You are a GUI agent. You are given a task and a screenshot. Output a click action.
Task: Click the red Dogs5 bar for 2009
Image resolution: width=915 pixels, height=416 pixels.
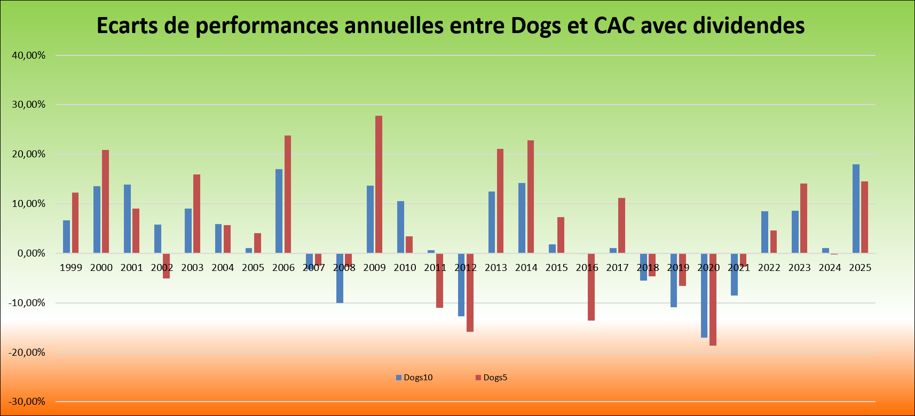pyautogui.click(x=378, y=185)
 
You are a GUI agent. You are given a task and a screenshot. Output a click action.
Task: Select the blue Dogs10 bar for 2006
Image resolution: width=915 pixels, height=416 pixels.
pyautogui.click(x=279, y=211)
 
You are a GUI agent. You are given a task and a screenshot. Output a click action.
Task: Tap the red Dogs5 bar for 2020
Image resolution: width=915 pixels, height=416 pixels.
pyautogui.click(x=713, y=299)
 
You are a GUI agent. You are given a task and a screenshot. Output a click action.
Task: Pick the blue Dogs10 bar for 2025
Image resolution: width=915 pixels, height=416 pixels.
pyautogui.click(x=856, y=209)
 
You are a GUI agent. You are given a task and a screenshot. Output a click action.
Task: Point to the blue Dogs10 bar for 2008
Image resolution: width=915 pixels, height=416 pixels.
pyautogui.click(x=340, y=278)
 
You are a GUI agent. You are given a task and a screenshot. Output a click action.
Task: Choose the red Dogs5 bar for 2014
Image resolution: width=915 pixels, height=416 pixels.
pyautogui.click(x=530, y=197)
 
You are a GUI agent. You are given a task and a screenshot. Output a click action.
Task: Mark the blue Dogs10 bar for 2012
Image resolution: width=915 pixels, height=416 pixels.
pyautogui.click(x=461, y=285)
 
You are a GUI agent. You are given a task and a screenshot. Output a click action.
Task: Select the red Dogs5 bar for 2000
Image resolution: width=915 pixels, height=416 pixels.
pyautogui.click(x=105, y=202)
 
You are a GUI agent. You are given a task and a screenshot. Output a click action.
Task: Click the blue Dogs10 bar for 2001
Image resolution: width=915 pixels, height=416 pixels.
pyautogui.click(x=127, y=219)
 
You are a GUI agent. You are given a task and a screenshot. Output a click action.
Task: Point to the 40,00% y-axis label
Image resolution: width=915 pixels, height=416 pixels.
pyautogui.click(x=29, y=55)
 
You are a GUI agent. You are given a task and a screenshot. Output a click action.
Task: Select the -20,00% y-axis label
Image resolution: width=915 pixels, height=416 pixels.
pyautogui.click(x=27, y=353)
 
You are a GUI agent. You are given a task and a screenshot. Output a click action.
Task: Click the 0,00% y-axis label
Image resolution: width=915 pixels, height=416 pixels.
pyautogui.click(x=31, y=253)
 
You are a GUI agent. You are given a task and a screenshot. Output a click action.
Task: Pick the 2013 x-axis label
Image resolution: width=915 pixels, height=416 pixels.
pyautogui.click(x=495, y=268)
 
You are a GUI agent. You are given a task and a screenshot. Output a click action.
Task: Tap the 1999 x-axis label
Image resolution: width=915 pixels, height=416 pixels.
pyautogui.click(x=71, y=268)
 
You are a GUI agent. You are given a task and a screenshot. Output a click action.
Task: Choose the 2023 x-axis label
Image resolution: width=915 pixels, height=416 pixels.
pyautogui.click(x=799, y=268)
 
